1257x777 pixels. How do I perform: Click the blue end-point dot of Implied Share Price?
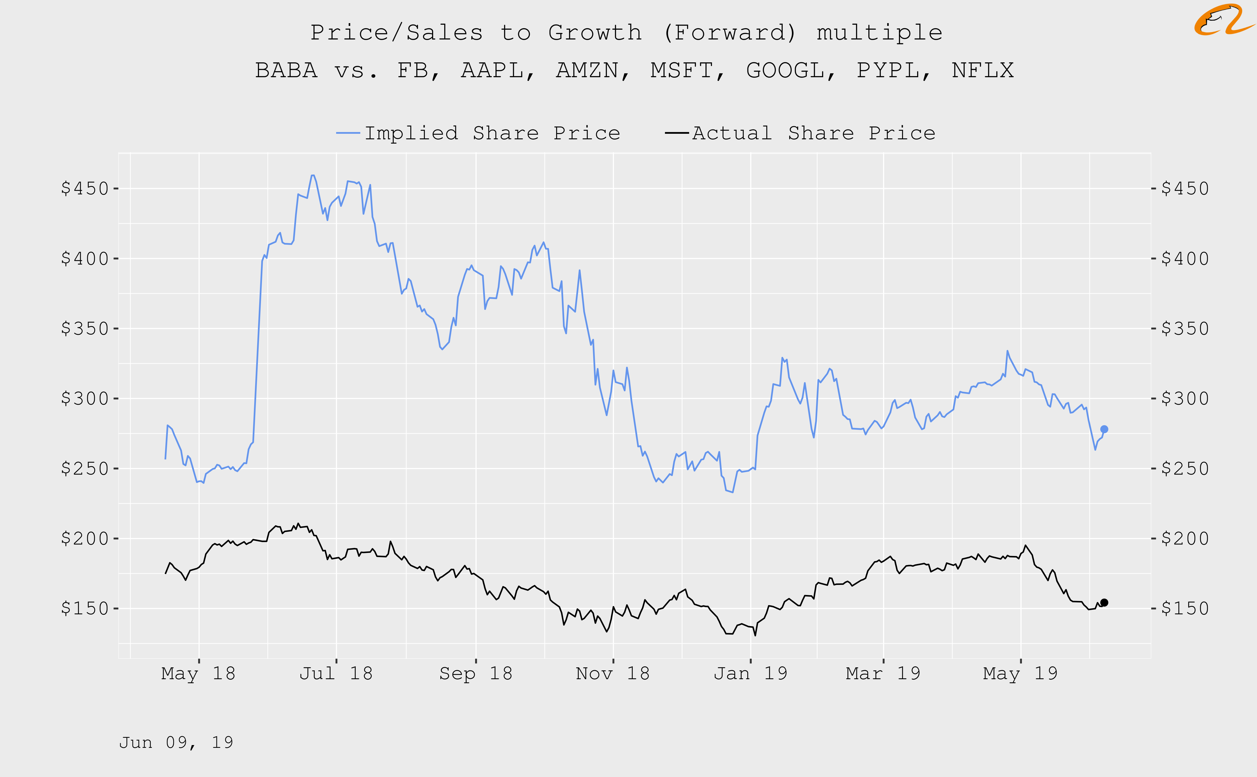point(1104,429)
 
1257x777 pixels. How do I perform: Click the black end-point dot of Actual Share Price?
point(1104,602)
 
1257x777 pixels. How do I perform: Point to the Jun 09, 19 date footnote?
point(176,743)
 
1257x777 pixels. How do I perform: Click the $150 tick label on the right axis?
point(1185,609)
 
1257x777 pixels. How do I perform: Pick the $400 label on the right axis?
point(1185,258)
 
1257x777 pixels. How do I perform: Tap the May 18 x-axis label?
point(198,673)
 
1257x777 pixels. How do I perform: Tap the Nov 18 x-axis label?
point(613,673)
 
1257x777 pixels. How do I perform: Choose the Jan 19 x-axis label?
point(750,673)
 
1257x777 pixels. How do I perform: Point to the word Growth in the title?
point(595,33)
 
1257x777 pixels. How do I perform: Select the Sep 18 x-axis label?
point(476,673)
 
